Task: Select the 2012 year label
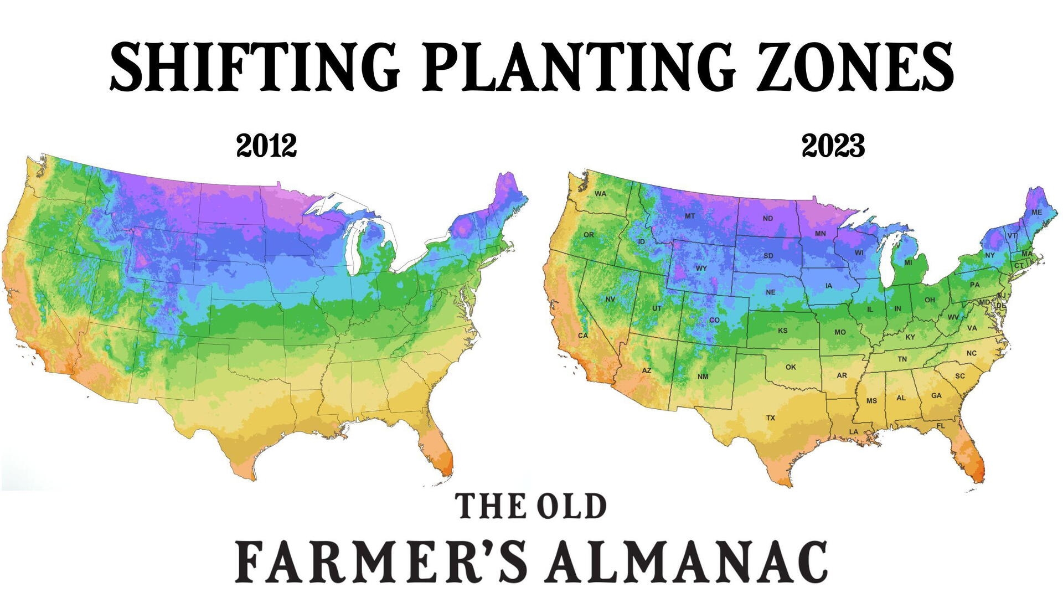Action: (266, 146)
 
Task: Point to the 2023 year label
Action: (833, 146)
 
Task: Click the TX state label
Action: (771, 417)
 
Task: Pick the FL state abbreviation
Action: (941, 426)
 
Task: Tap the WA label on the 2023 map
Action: (601, 194)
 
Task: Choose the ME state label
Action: (1036, 213)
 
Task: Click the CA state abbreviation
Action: (582, 336)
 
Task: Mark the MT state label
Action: (689, 216)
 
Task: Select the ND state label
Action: (767, 218)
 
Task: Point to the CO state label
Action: (714, 320)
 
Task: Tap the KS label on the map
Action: (783, 331)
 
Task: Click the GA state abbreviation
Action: (936, 396)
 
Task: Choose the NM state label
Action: (703, 377)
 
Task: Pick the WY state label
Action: (701, 268)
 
